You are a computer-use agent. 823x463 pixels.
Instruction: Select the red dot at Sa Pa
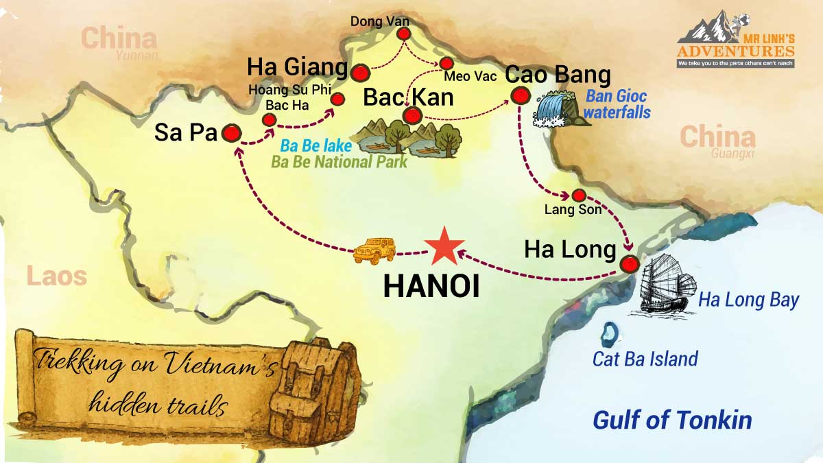(231, 134)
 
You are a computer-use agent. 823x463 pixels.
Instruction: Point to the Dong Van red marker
(403, 34)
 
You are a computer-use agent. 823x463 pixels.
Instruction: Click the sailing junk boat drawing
(665, 285)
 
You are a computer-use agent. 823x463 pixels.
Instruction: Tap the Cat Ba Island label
(645, 359)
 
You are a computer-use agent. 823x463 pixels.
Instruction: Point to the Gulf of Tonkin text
(672, 420)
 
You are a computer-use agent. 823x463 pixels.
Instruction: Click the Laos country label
(57, 276)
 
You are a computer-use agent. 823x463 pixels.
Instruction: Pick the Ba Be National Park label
(339, 163)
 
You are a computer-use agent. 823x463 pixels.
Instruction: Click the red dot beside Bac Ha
(270, 120)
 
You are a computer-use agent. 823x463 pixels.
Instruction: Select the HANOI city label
(431, 287)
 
